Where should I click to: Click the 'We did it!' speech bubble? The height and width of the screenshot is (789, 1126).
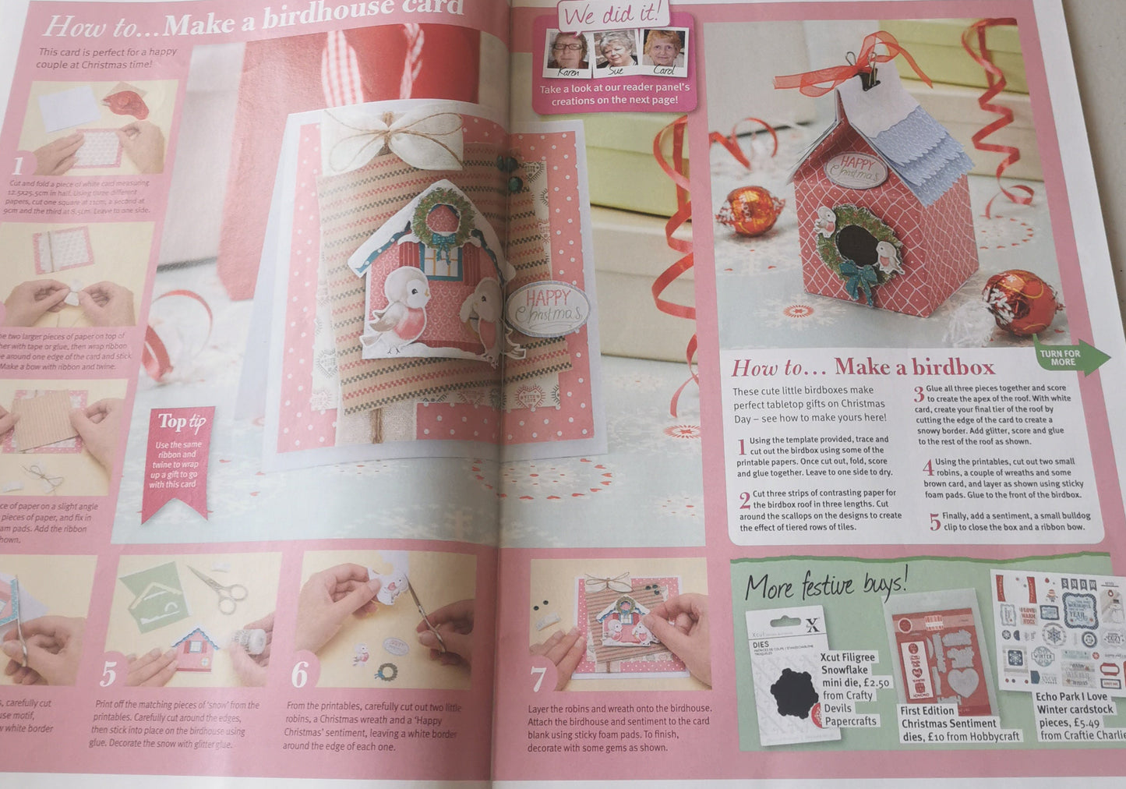click(616, 14)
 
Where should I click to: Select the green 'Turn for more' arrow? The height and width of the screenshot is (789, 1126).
click(1071, 358)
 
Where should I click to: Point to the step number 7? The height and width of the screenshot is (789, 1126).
click(538, 678)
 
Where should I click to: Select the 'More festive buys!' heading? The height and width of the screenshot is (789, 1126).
click(826, 585)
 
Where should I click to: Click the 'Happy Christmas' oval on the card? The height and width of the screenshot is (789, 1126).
click(547, 309)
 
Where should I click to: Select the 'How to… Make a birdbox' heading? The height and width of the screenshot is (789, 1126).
click(863, 367)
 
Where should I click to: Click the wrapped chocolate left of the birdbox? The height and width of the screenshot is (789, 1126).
click(748, 211)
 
